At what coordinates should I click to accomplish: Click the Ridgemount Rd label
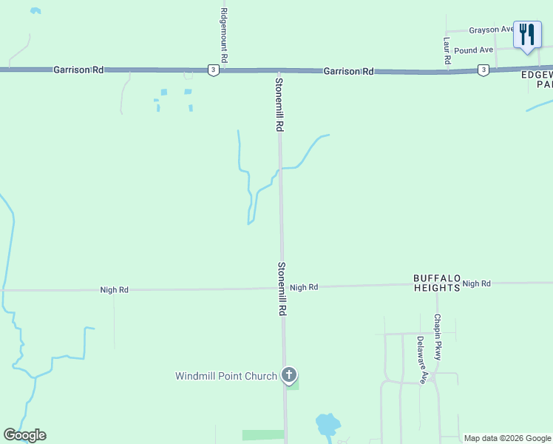tap(224, 35)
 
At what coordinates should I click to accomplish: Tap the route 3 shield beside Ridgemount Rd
tap(213, 70)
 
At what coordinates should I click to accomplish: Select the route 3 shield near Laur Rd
tap(483, 70)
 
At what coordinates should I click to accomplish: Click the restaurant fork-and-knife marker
tap(527, 34)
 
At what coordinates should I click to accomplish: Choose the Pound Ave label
tap(473, 50)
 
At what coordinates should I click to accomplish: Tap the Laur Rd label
tap(447, 50)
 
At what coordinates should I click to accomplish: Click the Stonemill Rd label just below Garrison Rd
tap(279, 104)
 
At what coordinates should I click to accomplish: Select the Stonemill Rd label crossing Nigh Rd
tap(282, 289)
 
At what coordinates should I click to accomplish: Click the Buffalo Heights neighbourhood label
tap(436, 283)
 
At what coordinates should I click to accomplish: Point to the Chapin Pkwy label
tap(438, 337)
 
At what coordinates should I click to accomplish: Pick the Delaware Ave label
tap(421, 360)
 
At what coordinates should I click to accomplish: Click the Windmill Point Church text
tap(225, 376)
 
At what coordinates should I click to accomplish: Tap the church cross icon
tap(289, 376)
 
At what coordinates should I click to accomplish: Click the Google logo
tap(24, 435)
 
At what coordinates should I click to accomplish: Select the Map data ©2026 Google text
tap(507, 438)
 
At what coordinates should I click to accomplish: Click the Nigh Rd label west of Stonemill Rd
tap(115, 290)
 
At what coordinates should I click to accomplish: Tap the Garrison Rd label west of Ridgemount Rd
tap(78, 70)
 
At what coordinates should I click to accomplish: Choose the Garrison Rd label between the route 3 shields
tap(348, 72)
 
